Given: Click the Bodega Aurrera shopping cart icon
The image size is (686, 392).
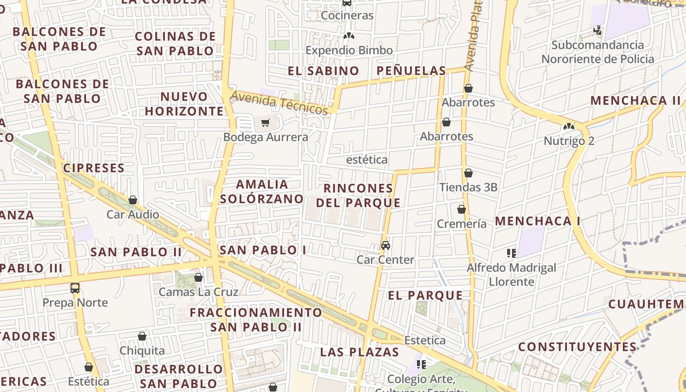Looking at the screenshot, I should tap(265, 122).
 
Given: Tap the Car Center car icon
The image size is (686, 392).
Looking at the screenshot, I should tap(386, 245).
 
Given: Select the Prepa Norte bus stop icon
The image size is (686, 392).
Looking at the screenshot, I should tap(75, 288).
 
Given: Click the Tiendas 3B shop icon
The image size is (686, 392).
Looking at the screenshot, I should tap(468, 173).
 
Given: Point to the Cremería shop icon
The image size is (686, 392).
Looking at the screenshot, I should tap(461, 209).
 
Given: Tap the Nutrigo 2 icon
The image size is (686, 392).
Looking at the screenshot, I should tap(568, 126).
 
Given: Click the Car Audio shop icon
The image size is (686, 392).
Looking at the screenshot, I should tap(133, 200).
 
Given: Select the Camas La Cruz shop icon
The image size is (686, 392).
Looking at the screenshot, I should tap(198, 278).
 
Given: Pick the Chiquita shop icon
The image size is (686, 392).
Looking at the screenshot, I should tap(142, 336).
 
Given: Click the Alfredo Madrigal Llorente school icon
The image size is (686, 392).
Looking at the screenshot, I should tap(512, 253).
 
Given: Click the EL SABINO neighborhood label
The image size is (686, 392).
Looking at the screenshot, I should tap(323, 71).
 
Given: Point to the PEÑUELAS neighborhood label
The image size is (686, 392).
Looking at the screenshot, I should tap(412, 71).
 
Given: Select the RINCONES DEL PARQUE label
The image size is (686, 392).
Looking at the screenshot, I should tap(358, 195).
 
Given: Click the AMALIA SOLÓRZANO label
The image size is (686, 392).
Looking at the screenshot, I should tap(262, 191).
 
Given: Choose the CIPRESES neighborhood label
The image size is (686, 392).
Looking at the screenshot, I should tap(94, 168).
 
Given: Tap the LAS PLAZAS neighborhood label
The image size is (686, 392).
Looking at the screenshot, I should tap(360, 352).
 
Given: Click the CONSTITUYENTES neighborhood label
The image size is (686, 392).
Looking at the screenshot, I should tap(577, 347).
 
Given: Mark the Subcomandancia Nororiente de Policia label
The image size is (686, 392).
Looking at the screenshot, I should tap(597, 52).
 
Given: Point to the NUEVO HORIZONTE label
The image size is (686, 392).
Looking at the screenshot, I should tap(184, 103).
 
